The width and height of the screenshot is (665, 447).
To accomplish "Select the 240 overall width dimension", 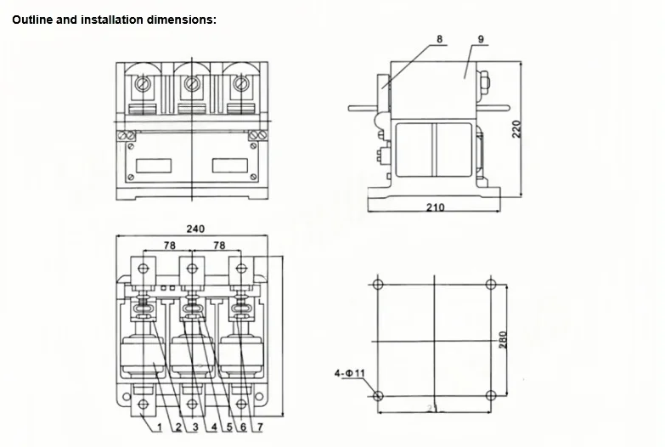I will click(x=194, y=229).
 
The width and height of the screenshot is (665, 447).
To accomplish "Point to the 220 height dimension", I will click(x=515, y=129).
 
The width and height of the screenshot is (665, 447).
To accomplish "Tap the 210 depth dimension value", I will click(x=434, y=207).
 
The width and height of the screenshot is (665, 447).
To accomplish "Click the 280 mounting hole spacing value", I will click(x=503, y=339).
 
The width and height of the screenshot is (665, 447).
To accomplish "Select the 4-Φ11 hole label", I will click(x=349, y=373).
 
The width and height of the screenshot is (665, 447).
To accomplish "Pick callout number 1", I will click(x=159, y=427).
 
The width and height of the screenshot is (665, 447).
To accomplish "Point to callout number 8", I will click(x=439, y=39).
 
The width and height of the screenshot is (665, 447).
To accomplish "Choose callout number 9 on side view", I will click(x=481, y=39).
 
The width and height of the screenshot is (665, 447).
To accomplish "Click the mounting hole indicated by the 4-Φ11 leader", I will click(x=378, y=395).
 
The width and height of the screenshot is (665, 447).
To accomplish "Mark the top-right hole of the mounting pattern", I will click(x=490, y=284).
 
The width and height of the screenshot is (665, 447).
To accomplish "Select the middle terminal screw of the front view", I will click(x=192, y=84).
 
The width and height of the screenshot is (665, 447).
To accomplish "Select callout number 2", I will click(x=177, y=427).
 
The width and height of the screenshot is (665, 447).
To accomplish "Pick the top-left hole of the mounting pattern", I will click(x=378, y=284).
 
